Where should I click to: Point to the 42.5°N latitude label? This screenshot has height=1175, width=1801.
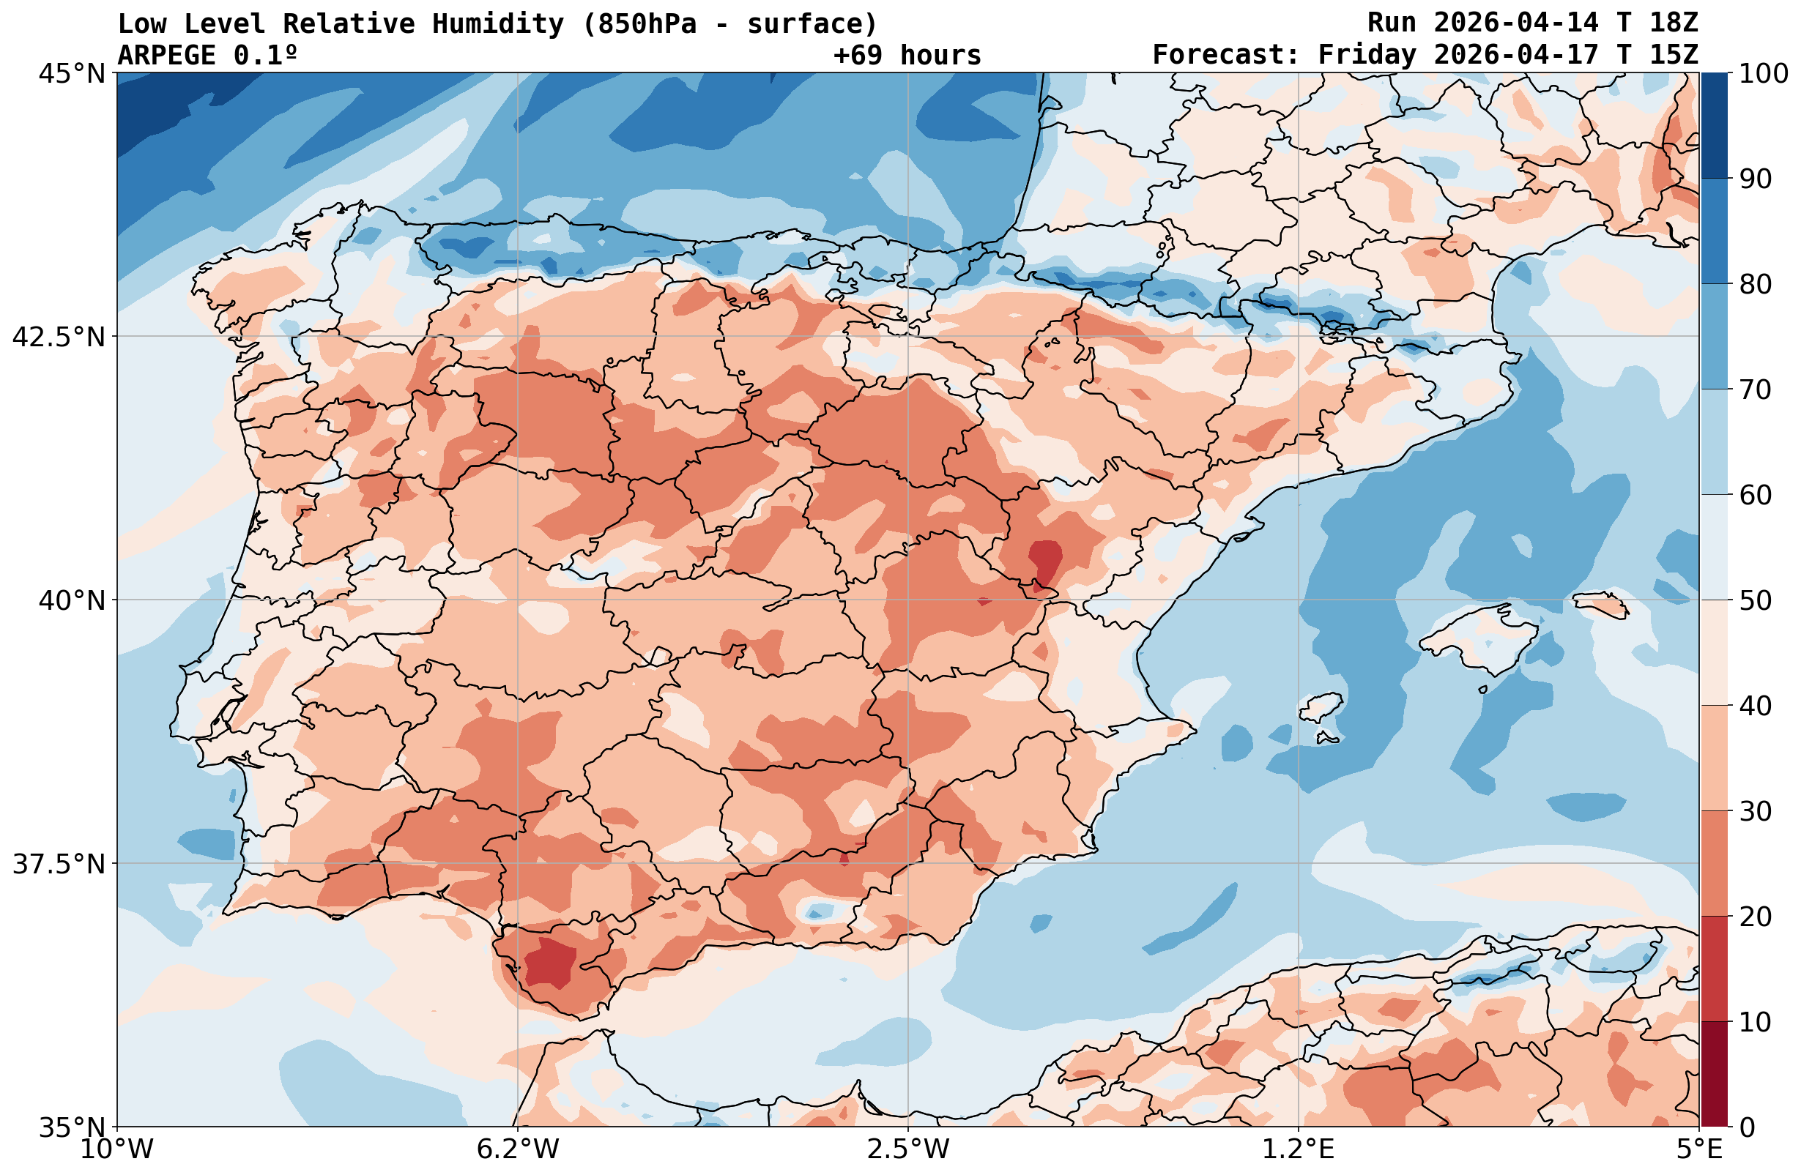(x=59, y=337)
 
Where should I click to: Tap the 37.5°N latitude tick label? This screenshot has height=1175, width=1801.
(x=59, y=863)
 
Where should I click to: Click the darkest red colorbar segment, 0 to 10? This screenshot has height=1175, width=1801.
(x=1714, y=1075)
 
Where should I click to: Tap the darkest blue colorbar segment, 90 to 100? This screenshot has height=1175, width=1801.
(x=1714, y=126)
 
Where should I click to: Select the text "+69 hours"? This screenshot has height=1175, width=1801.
(x=907, y=55)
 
